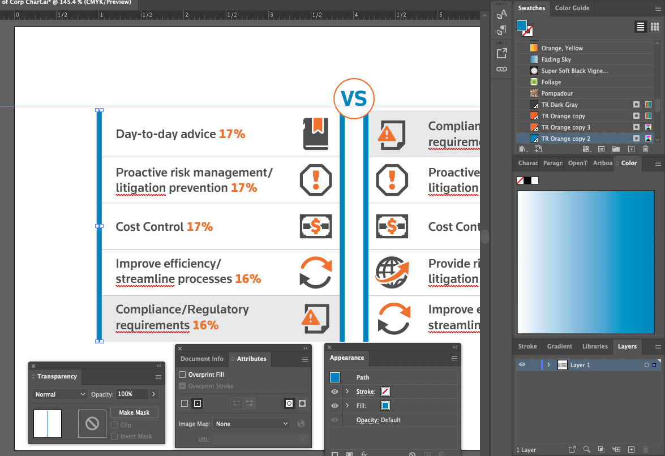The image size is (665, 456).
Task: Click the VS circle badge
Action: tap(354, 99)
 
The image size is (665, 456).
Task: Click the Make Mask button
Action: tap(134, 412)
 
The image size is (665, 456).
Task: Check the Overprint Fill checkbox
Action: tap(182, 375)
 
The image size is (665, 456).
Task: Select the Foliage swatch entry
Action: tap(551, 82)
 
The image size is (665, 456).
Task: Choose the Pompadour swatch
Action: tap(557, 93)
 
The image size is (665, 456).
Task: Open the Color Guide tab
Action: tap(572, 8)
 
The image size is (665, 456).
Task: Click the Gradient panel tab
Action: tap(559, 346)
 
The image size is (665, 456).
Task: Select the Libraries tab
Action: tap(595, 346)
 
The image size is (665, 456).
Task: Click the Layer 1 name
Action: tap(580, 365)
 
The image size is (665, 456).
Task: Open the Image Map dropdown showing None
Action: tap(251, 424)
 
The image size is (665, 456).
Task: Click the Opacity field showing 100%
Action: tap(132, 394)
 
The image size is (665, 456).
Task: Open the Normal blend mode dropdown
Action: tap(59, 394)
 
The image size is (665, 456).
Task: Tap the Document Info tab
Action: tap(202, 359)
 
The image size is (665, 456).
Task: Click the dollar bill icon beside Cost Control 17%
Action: tap(315, 226)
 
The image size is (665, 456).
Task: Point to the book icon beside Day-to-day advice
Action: tap(315, 134)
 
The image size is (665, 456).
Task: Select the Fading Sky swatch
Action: tap(556, 59)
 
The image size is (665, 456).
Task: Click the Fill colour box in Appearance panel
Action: tap(385, 406)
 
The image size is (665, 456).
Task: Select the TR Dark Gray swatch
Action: tap(559, 105)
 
